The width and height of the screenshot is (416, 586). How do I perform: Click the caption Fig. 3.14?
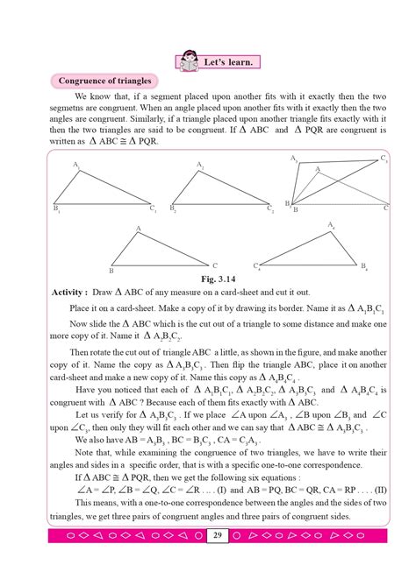(207, 279)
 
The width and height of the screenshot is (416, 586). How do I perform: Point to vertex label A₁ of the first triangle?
(77, 165)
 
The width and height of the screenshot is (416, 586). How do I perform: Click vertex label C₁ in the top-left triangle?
(153, 208)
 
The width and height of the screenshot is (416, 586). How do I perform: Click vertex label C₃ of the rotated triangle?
(384, 159)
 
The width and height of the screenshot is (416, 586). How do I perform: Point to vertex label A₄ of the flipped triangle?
(331, 225)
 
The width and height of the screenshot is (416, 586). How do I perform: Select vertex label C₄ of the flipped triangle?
(257, 266)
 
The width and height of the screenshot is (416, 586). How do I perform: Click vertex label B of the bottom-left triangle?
(111, 270)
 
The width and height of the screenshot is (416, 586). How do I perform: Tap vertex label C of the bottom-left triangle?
(215, 264)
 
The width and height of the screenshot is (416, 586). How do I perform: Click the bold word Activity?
(68, 291)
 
